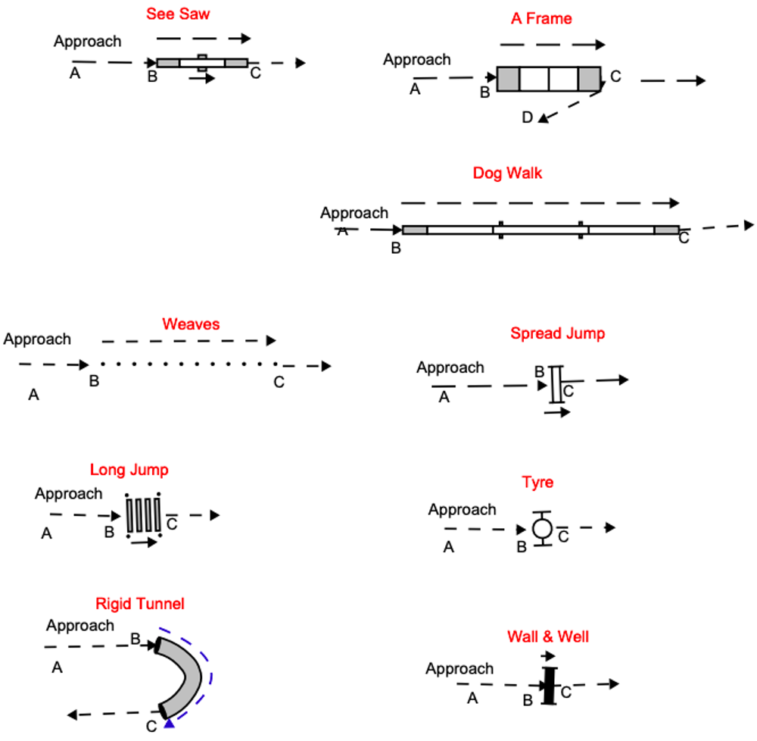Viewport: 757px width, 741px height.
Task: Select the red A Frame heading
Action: (541, 19)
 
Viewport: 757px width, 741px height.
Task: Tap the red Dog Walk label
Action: (507, 174)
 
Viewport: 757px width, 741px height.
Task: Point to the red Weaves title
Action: (191, 324)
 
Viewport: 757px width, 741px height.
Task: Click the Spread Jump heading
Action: (557, 333)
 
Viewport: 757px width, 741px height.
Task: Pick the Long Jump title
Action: (129, 470)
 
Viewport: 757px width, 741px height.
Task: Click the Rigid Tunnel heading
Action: (140, 604)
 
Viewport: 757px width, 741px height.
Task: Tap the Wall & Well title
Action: (548, 637)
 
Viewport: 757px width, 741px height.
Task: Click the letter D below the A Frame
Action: (527, 117)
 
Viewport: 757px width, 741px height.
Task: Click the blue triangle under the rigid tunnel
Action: (170, 726)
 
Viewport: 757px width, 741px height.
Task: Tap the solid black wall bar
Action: (549, 685)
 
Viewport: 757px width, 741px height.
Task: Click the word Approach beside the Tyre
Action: (462, 510)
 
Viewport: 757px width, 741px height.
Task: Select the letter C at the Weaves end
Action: (279, 382)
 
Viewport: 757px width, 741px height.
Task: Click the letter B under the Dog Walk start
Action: (395, 247)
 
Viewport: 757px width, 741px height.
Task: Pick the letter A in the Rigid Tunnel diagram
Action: (56, 668)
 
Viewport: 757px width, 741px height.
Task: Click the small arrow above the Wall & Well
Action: (548, 655)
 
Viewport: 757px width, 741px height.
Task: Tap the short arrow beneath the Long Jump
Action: (144, 542)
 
